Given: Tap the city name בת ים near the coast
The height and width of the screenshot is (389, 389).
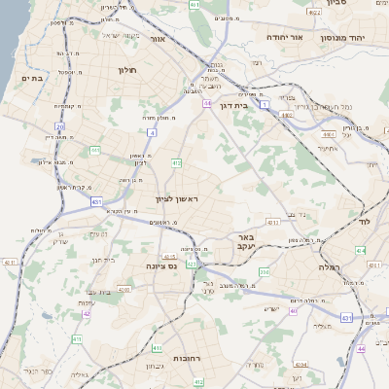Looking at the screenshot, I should click(32, 79).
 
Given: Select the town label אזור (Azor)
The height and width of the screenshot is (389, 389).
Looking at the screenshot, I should click(157, 41).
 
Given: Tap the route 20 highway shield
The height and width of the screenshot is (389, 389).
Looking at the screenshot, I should click(59, 126).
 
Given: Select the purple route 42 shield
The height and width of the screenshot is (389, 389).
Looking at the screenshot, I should click(87, 313).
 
